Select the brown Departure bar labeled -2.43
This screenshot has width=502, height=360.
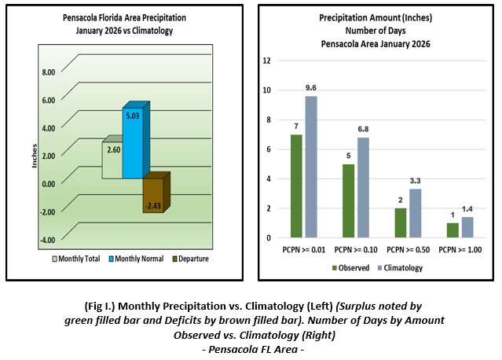tap(152, 195)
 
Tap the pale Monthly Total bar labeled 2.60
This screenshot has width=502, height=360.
tap(112, 160)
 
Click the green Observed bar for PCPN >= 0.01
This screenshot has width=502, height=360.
tap(296, 186)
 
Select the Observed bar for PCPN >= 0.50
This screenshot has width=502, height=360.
tap(399, 222)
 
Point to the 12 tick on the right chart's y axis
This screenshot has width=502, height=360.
tap(268, 61)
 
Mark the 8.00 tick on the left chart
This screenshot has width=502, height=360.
tap(47, 72)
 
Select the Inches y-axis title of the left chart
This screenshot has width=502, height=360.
tap(34, 155)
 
